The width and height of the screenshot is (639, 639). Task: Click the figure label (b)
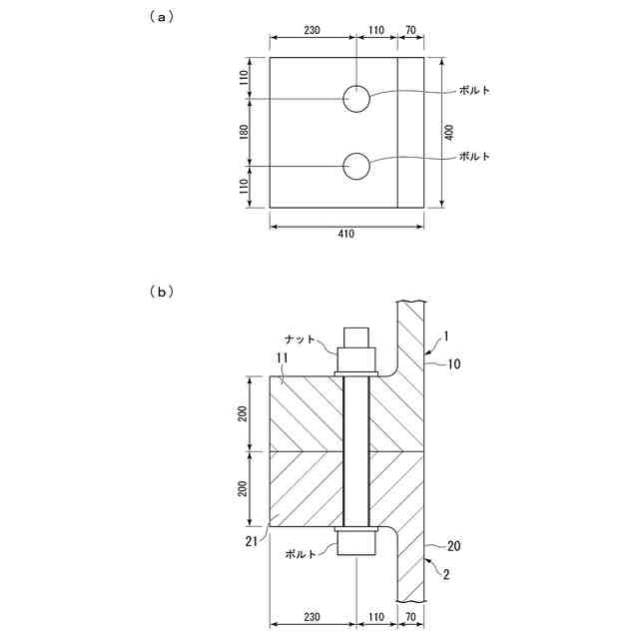[x=161, y=292]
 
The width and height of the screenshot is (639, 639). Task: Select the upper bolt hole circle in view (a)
[x=356, y=99]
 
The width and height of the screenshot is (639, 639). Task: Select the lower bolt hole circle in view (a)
[x=356, y=167]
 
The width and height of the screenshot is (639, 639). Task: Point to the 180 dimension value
[x=244, y=133]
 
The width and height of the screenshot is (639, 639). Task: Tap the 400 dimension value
[x=449, y=132]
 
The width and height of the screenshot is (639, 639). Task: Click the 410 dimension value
[x=346, y=234]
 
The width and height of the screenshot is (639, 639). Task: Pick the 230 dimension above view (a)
[x=312, y=31]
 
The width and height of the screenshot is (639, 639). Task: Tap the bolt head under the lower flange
[x=356, y=542]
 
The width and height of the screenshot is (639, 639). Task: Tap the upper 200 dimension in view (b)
[x=244, y=413]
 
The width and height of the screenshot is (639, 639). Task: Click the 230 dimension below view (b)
[x=312, y=617]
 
